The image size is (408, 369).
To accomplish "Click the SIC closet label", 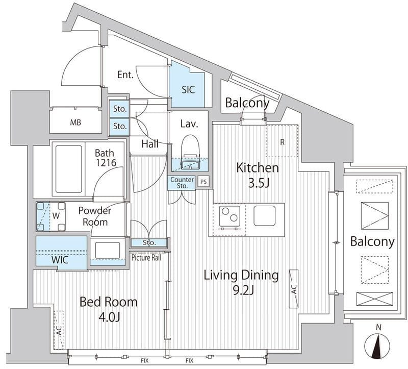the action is coord(188,90).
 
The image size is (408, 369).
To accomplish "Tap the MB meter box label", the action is coord(75,122).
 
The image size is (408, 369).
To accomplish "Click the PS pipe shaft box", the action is coord(203,182).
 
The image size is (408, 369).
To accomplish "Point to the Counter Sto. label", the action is coord(182,183).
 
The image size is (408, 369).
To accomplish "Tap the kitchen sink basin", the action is coord(265,216).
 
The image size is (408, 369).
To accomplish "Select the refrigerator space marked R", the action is coord(282,141).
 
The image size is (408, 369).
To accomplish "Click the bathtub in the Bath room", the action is coord(69,169).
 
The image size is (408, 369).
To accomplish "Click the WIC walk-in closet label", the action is coord(60,260).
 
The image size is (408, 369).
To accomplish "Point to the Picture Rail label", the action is coord(146,258).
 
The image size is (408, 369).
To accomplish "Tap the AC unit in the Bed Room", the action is coord(59,330).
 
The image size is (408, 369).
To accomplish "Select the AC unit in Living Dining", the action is coord(294,289).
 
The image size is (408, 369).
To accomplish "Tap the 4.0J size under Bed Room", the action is coord(109,317).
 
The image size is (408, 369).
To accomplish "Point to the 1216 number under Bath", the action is coord(106,163).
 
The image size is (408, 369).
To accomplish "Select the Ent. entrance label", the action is coord(125,75).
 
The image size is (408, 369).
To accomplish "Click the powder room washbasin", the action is coord(108,250).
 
